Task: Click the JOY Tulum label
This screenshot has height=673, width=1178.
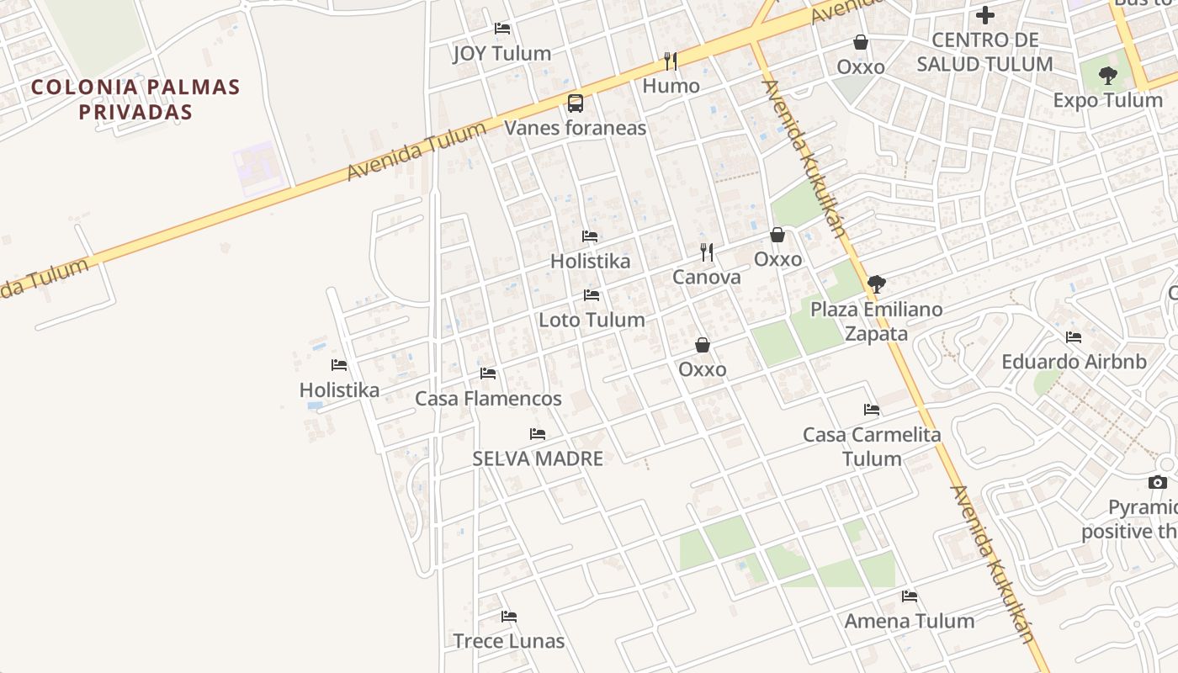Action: coord(502,53)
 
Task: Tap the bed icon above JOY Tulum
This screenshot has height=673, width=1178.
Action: coord(502,28)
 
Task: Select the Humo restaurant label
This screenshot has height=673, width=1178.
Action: coord(671,86)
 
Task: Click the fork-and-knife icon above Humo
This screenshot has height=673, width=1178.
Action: coord(670,61)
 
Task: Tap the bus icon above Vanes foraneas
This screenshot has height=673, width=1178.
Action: coord(576,103)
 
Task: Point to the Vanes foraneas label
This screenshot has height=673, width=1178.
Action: coord(576,128)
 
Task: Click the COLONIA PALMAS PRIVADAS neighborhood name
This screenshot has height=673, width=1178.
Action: coord(135,99)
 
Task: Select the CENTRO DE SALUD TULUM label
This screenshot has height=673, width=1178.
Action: coord(984,52)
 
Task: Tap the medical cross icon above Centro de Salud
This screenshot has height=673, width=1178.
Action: coord(985,15)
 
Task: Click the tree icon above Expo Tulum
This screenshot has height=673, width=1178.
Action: coord(1108,76)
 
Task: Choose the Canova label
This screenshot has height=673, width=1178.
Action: coord(707,277)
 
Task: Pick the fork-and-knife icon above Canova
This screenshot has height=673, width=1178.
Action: coord(707,252)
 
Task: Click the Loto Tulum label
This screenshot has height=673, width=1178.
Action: coord(592,320)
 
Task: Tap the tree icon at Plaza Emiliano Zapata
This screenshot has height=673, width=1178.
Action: coord(876,284)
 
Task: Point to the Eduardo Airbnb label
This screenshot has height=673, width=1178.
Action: coord(1074,362)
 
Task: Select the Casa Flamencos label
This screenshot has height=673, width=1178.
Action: coord(488,398)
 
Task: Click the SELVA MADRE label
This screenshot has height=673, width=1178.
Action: coord(538,458)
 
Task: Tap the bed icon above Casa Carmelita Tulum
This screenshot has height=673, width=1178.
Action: coord(872,410)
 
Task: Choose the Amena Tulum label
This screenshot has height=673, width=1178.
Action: coord(910,621)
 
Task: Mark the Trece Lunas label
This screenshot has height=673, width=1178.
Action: coord(508,641)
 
